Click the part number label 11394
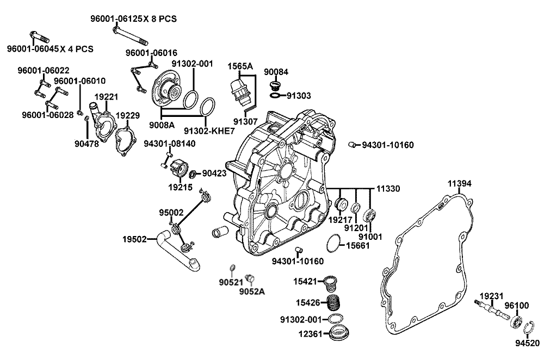pos(460,184)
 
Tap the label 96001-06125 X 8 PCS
pos(133,18)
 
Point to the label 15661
pos(357,245)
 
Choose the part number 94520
pos(527,343)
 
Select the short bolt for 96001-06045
pos(35,38)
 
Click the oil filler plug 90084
pos(275,85)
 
